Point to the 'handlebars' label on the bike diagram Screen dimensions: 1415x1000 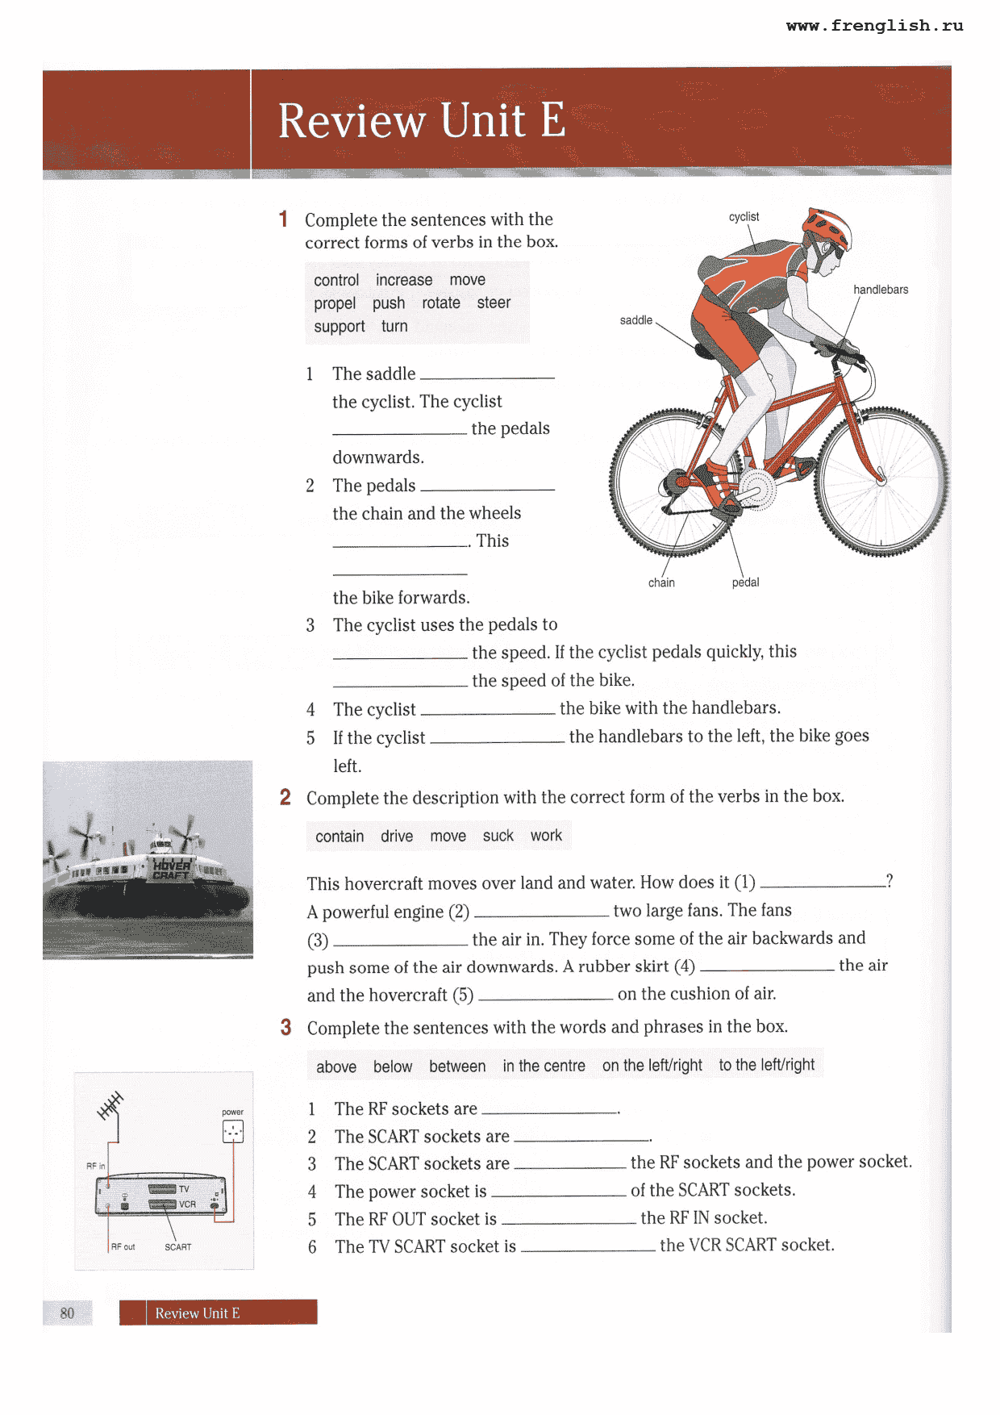881,290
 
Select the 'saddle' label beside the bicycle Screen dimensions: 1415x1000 635,320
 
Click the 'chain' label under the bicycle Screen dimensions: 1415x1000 661,582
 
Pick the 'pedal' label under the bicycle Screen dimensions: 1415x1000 745,582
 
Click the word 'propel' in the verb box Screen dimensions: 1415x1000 335,303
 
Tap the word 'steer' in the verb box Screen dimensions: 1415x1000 494,303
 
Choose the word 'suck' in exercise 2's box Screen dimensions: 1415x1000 498,836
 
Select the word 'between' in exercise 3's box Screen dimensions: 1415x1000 457,1066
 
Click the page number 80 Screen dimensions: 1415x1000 67,1313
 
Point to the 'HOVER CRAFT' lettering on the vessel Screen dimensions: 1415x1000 171,869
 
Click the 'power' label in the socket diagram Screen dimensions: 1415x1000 232,1112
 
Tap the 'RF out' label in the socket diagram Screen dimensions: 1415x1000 123,1246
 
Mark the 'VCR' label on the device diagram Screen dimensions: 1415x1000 187,1204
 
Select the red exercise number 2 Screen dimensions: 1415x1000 285,797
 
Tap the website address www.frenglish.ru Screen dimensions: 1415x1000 874,26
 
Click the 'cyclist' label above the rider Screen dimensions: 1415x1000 744,217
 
